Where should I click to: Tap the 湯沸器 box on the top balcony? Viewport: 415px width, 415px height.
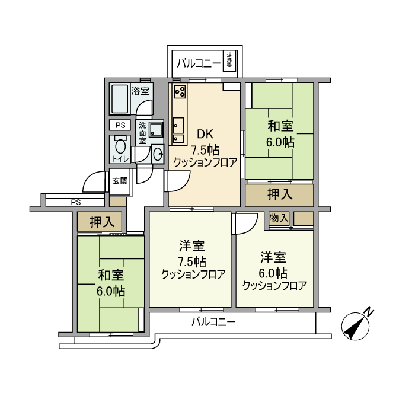pos(229,60)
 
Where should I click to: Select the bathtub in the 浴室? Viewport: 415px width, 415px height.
pos(120,99)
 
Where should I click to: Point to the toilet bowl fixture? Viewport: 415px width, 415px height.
pos(120,145)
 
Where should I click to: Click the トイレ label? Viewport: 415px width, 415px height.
pos(120,159)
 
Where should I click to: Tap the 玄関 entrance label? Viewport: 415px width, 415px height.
pos(120,181)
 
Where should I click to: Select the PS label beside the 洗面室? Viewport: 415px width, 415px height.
pos(120,125)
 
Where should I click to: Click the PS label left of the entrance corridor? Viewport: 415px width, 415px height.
pos(75,202)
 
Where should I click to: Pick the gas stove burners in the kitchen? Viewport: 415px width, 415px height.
pos(179,92)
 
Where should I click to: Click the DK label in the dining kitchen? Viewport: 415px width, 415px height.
pos(205,134)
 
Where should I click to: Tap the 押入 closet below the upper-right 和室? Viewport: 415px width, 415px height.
pos(279,194)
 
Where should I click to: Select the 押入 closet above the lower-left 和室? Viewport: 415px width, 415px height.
pos(100,222)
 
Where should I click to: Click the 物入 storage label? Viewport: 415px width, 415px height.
pos(278,219)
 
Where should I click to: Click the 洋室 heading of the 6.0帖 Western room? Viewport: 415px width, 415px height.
pos(273,257)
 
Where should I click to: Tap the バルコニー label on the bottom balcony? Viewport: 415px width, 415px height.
pos(213,322)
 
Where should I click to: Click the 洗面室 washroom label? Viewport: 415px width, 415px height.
pos(143,134)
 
